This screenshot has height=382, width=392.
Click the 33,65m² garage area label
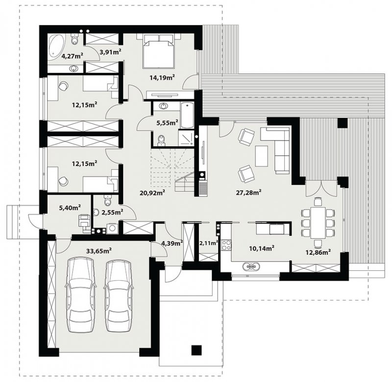coord(99,251)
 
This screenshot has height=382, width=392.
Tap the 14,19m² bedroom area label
coord(162,77)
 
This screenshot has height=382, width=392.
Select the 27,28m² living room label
coord(249,192)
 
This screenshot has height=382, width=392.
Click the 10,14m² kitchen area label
coord(262,248)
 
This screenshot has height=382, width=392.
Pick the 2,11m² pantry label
coord(209,242)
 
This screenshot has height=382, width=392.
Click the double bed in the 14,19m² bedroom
coord(158,51)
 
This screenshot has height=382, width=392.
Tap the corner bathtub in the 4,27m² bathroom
coord(57,46)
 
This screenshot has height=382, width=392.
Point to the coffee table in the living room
coord(261,156)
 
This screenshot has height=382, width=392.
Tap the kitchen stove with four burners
coord(227,244)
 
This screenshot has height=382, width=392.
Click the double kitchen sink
coord(251,266)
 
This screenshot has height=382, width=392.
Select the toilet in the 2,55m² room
coord(107,199)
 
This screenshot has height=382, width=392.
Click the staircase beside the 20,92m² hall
coord(172,170)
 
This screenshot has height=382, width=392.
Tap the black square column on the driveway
coord(196,350)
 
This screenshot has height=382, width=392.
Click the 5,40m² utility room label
coord(70,207)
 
